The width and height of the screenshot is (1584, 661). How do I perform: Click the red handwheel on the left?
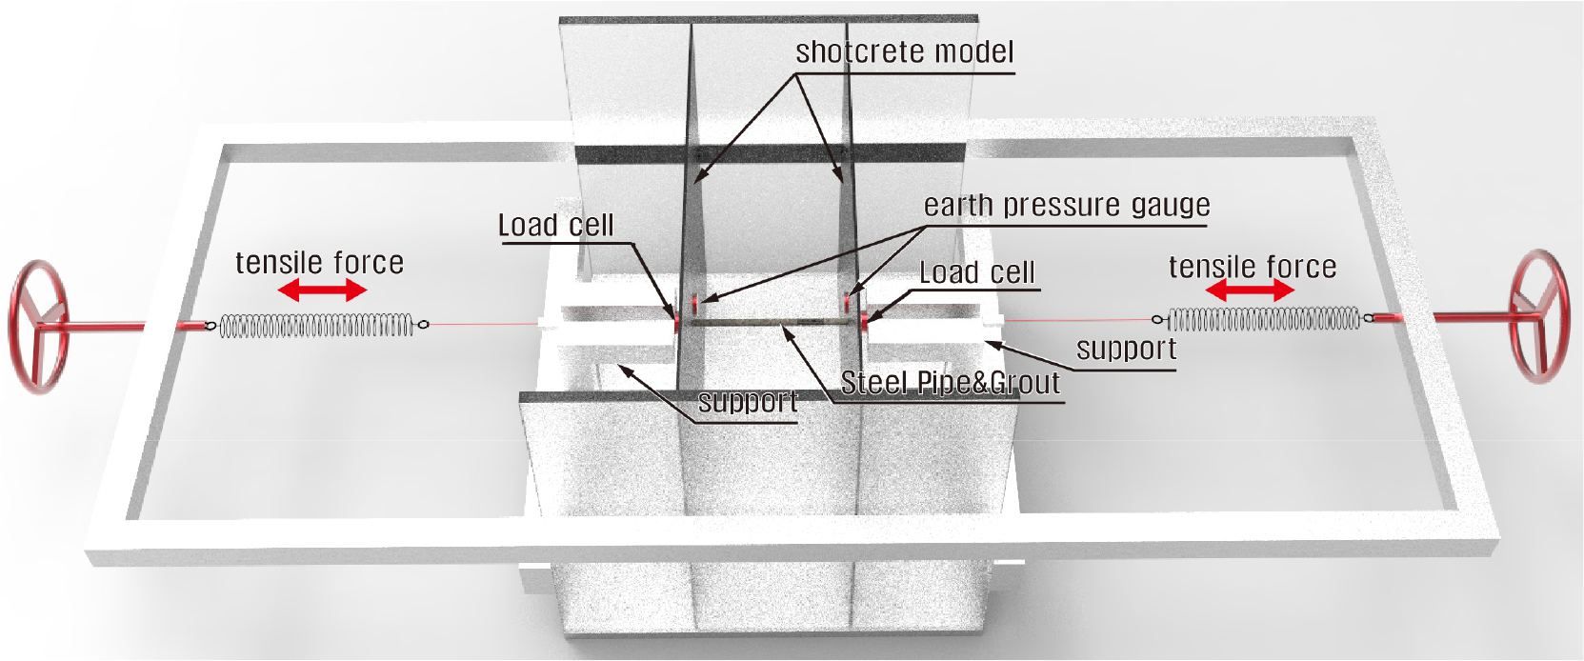21,327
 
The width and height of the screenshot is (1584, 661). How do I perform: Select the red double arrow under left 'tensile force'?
322,290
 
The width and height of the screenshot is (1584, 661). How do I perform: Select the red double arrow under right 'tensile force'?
1250,290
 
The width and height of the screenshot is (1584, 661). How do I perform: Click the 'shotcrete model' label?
905,51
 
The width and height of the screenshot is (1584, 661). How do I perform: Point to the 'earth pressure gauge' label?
1067,205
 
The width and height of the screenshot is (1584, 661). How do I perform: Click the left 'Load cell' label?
556,225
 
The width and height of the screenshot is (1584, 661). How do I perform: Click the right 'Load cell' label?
977,272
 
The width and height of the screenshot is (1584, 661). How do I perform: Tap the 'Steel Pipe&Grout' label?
951,383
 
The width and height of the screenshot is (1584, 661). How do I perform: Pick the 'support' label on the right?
1127,350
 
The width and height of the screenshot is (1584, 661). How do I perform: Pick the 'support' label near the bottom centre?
748,402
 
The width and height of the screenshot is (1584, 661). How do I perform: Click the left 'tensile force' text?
320,262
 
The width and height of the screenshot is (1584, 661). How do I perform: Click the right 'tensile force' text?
1253,267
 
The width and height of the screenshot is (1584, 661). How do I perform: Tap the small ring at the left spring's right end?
423,325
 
